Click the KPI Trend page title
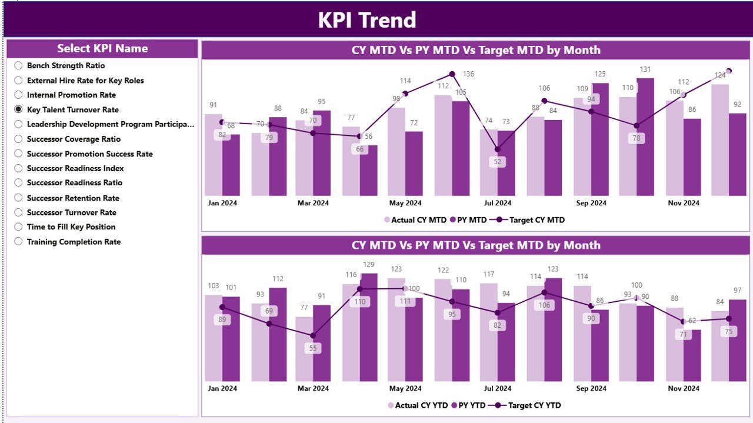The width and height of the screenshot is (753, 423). pyautogui.click(x=367, y=20)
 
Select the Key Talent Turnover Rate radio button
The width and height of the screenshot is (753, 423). pyautogui.click(x=18, y=109)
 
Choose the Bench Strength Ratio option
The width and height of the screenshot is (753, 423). pyautogui.click(x=18, y=66)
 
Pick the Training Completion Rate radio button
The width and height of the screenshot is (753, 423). pyautogui.click(x=18, y=241)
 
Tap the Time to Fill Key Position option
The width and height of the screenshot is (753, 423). pyautogui.click(x=18, y=227)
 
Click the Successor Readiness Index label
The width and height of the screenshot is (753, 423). pyautogui.click(x=75, y=168)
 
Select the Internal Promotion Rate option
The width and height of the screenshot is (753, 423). pyautogui.click(x=18, y=95)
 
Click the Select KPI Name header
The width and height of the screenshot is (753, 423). pyautogui.click(x=102, y=49)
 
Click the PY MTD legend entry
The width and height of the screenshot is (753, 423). pyautogui.click(x=468, y=220)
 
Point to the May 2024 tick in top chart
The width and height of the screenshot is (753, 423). pyautogui.click(x=405, y=203)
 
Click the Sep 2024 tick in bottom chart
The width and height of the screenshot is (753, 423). pyautogui.click(x=591, y=388)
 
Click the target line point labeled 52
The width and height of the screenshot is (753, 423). pyautogui.click(x=498, y=149)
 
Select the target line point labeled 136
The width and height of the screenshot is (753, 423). pyautogui.click(x=452, y=74)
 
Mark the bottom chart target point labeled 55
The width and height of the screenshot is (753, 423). pyautogui.click(x=313, y=335)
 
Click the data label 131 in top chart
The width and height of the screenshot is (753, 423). pyautogui.click(x=645, y=70)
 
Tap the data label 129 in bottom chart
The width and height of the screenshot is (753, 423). pyautogui.click(x=368, y=265)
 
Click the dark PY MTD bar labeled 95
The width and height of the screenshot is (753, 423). pyautogui.click(x=322, y=153)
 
